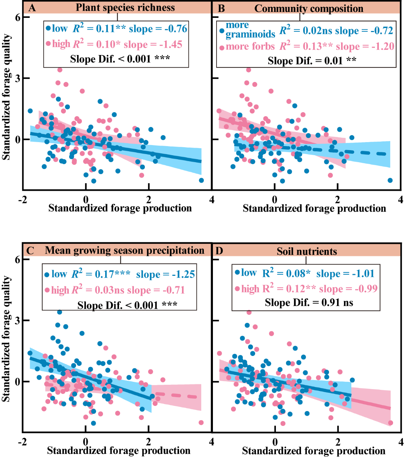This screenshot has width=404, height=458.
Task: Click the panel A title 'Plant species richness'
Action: point(125,8)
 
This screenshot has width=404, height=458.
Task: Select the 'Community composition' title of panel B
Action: point(309,8)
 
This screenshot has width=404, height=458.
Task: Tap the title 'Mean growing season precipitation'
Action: point(124,250)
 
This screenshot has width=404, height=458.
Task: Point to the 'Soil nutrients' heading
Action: point(307,251)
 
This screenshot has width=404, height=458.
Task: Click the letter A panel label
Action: point(32,8)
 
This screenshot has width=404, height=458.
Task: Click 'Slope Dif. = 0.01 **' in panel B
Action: point(312,61)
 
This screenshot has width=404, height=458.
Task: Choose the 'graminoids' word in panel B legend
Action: point(250,35)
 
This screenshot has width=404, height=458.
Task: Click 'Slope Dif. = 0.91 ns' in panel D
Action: point(309,302)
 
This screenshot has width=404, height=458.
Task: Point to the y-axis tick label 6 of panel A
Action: point(17,17)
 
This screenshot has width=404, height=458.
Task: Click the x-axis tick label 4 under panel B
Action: point(400,199)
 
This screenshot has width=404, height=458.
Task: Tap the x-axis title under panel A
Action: point(120,208)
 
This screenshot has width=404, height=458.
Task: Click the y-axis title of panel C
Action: point(6,339)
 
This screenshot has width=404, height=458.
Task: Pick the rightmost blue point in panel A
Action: point(201,180)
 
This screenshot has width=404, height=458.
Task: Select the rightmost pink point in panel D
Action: point(391,423)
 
